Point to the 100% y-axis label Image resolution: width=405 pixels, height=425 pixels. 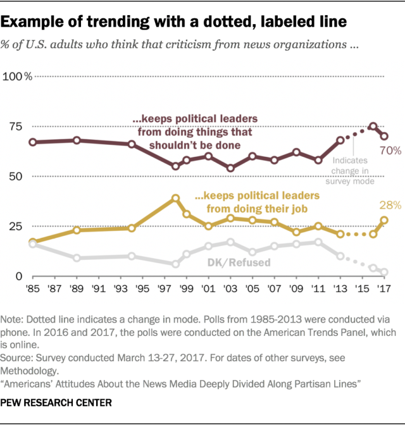coord(19,77)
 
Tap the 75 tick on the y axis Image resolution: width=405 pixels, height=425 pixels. coord(14,126)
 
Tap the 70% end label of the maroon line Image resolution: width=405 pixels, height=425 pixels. coord(390,150)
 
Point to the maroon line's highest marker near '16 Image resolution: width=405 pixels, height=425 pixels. coord(373,126)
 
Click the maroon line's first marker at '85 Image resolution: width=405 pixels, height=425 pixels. coord(32,142)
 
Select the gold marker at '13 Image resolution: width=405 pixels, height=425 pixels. coord(340,234)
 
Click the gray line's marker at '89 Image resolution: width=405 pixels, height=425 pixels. coord(77,258)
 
